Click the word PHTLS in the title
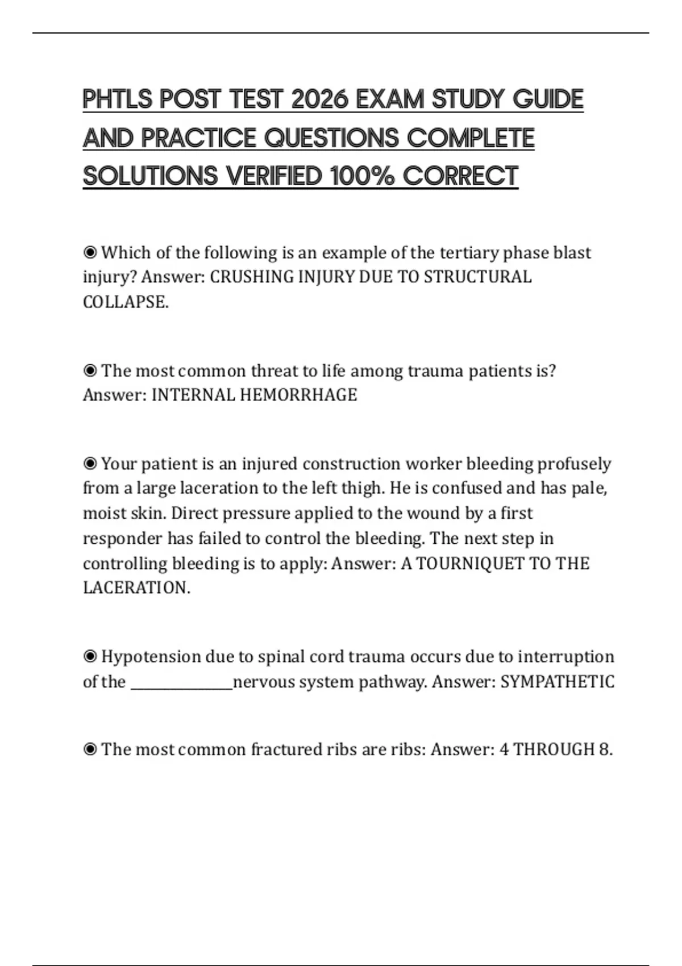click(118, 99)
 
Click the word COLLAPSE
click(126, 302)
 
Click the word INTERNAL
click(193, 395)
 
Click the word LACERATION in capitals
click(136, 588)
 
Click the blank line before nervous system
click(182, 682)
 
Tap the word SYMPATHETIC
click(557, 682)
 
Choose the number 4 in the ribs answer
click(504, 750)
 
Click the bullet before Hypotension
click(90, 657)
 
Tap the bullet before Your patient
click(90, 464)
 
